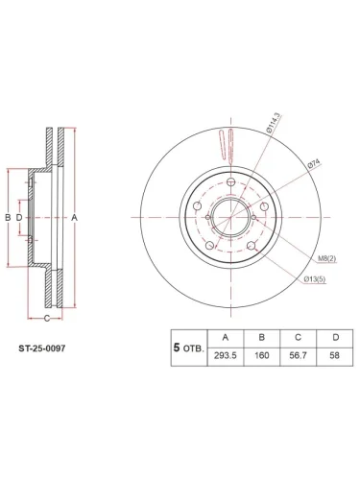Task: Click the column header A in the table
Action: [226, 338]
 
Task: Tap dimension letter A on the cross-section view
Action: [75, 218]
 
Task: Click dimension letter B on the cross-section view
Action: [8, 218]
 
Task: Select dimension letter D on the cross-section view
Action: [19, 218]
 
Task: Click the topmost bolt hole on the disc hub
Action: [232, 183]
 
